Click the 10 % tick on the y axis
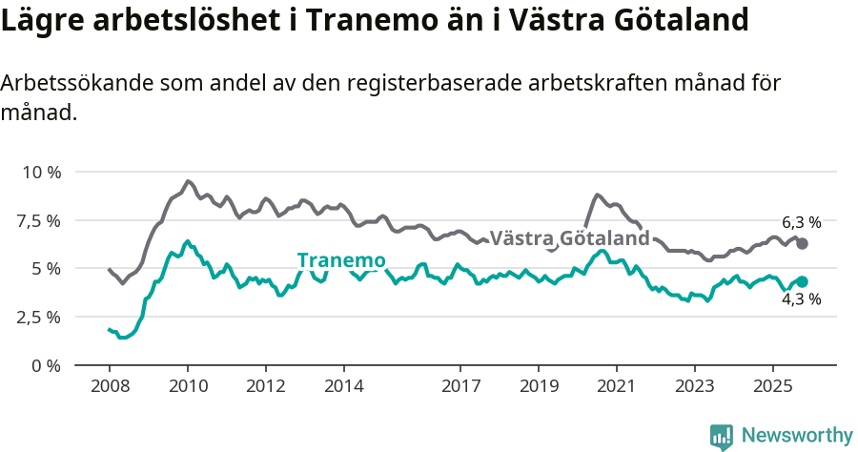coord(41,173)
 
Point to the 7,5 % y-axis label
coord(40,220)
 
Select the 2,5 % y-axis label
coord(40,317)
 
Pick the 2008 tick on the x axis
coord(110,387)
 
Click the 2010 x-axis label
coord(188,387)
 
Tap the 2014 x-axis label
coord(343,387)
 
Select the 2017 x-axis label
coord(460,387)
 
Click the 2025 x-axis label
coord(772,387)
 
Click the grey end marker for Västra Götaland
coord(802,244)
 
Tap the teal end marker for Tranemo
coord(802,282)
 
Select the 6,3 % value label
coord(801,222)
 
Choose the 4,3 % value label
coord(801,299)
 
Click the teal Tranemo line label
coord(341,260)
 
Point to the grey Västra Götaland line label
coord(569,237)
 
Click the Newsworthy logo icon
coord(722,436)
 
